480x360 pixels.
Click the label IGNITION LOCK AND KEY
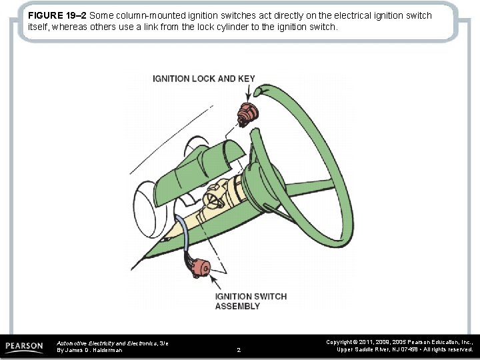coord(203,79)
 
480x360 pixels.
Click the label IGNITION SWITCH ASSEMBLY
coord(250,301)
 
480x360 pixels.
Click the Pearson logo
coord(24,347)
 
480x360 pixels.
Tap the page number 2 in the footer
coord(239,349)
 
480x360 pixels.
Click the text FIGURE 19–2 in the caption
coord(57,15)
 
